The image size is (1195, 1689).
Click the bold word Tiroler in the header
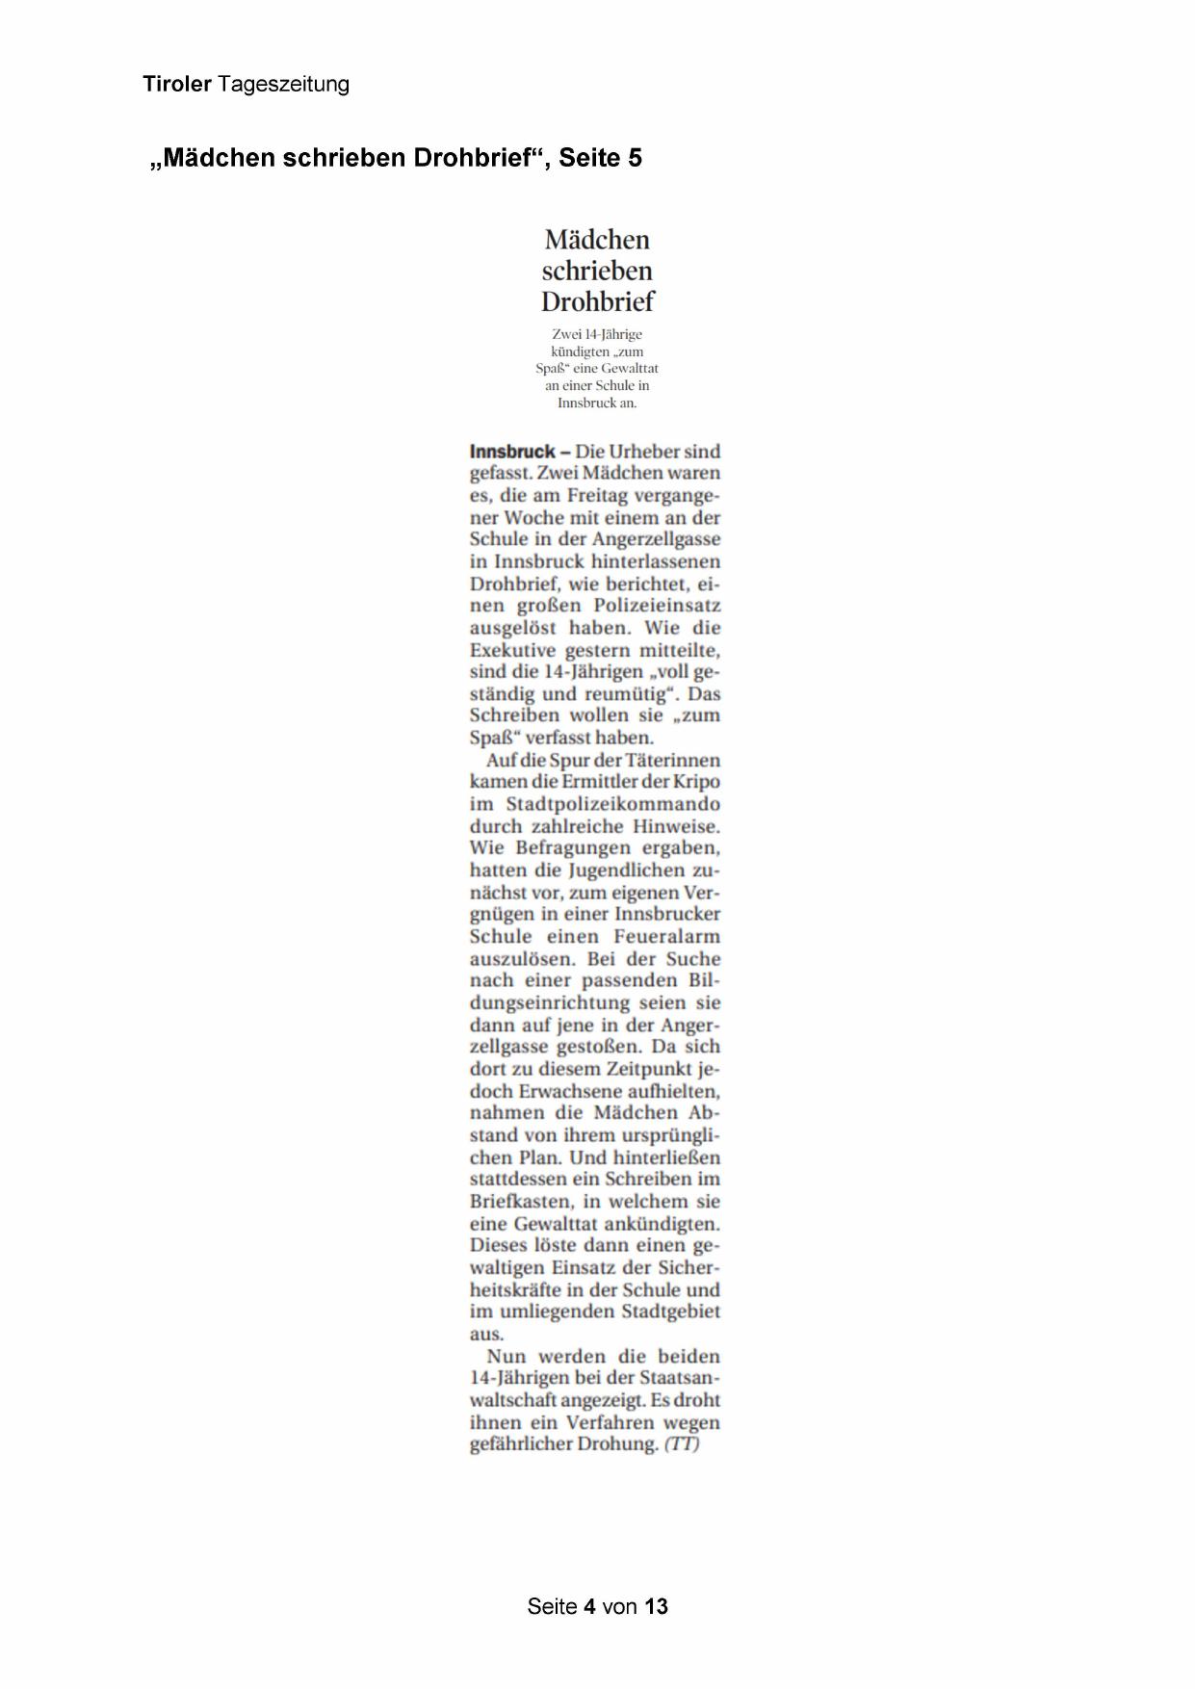(177, 85)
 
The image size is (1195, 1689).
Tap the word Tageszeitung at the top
(283, 85)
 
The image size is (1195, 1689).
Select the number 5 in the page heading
(634, 158)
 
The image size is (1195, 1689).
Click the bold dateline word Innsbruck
(512, 452)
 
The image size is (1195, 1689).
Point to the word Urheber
(645, 452)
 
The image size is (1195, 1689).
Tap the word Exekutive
(513, 650)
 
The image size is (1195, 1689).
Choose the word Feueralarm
(666, 936)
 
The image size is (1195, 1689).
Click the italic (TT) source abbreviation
(682, 1444)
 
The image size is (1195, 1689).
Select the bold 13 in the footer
(656, 1606)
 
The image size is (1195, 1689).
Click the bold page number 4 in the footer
(589, 1606)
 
